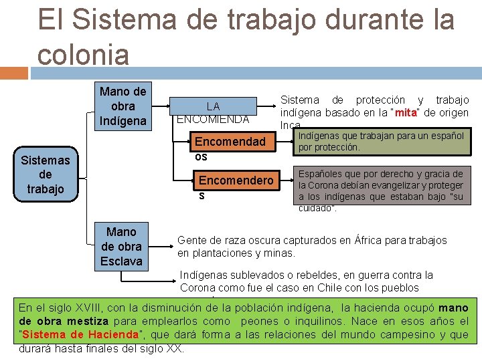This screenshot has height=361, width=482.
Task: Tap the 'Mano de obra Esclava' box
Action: [x=121, y=246]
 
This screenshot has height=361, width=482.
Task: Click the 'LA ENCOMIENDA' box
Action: [x=213, y=112]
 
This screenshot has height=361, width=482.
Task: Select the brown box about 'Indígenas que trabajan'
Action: [x=380, y=141]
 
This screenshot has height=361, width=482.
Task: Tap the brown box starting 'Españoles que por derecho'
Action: [x=380, y=190]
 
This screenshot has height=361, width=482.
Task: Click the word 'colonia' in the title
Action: [x=83, y=54]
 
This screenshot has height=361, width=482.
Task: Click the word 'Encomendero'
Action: [x=236, y=180]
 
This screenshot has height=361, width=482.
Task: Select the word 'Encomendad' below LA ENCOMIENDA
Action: [x=230, y=142]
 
